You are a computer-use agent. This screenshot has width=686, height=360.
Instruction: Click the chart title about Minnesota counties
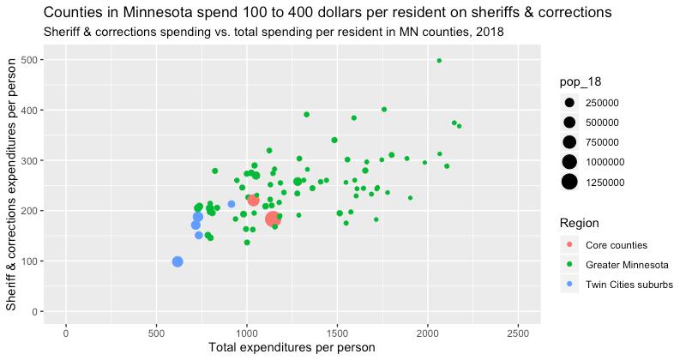(x=315, y=13)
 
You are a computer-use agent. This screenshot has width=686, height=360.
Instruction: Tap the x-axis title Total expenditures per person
(x=292, y=347)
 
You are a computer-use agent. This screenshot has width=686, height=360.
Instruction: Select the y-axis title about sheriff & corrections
(x=12, y=184)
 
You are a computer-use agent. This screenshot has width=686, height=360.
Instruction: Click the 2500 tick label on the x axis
(x=518, y=330)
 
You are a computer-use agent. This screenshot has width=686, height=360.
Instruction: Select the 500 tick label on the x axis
(x=156, y=330)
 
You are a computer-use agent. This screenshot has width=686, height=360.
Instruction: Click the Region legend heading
(x=579, y=223)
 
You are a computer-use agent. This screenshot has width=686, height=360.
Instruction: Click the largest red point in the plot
(x=273, y=219)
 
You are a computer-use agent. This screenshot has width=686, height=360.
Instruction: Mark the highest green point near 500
(x=439, y=61)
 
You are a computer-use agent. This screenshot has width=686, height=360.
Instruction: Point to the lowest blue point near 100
(x=178, y=261)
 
